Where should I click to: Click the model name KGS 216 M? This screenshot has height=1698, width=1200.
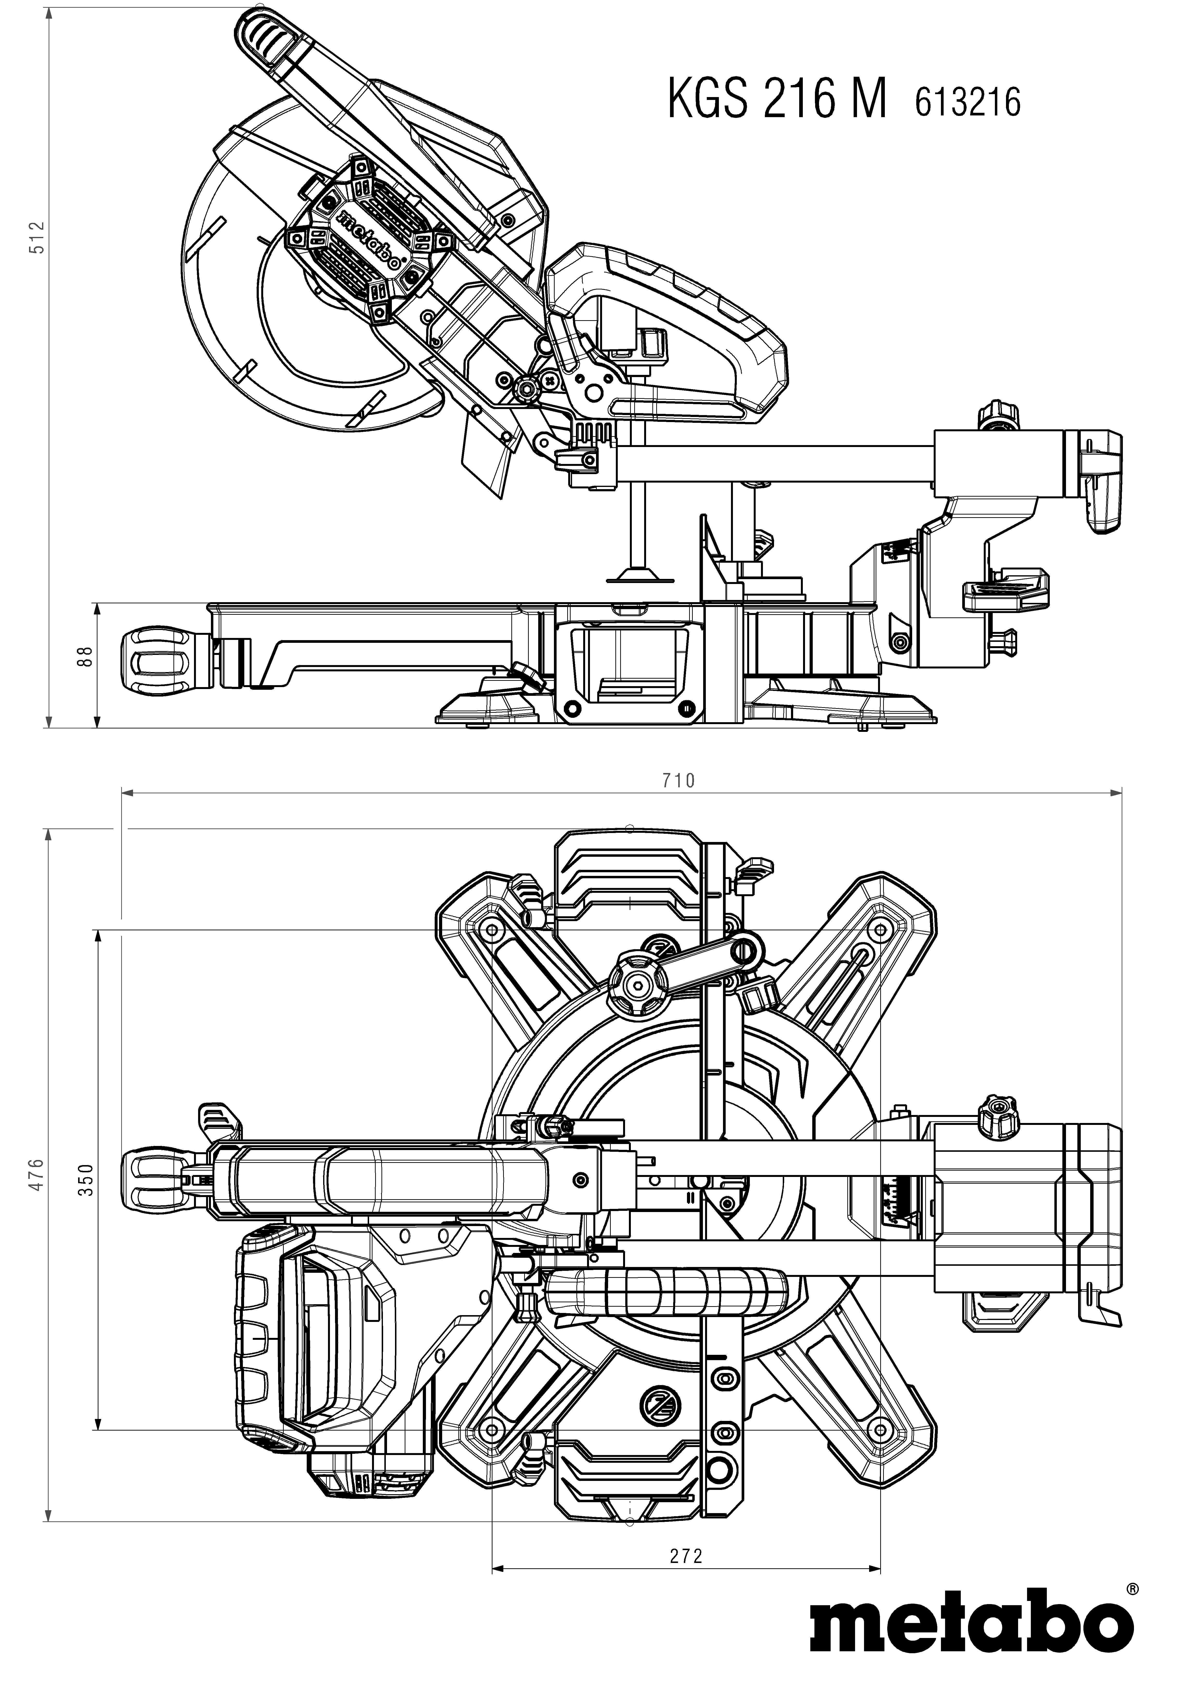[776, 100]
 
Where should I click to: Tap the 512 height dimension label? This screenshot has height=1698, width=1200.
[37, 237]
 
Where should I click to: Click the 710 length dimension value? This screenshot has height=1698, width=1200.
[679, 780]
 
